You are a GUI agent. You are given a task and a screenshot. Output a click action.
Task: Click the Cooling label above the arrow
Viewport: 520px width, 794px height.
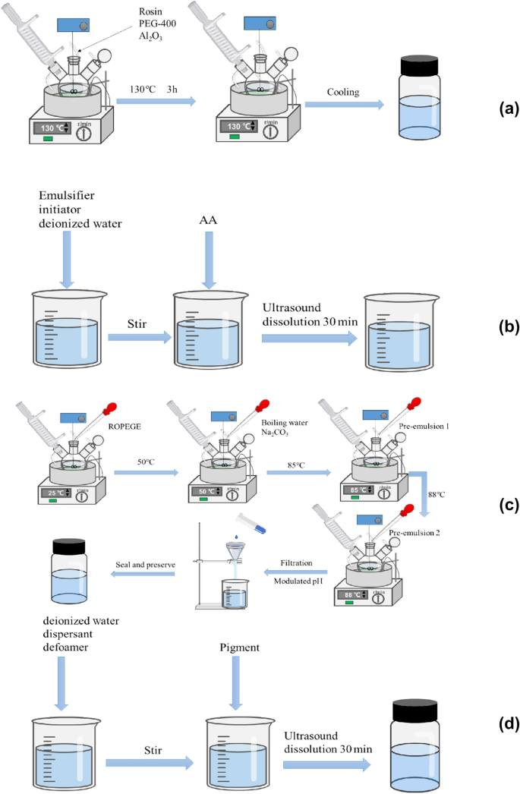coord(342,91)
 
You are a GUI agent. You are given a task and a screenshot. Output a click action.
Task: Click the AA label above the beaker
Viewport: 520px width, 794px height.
coord(208,219)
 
